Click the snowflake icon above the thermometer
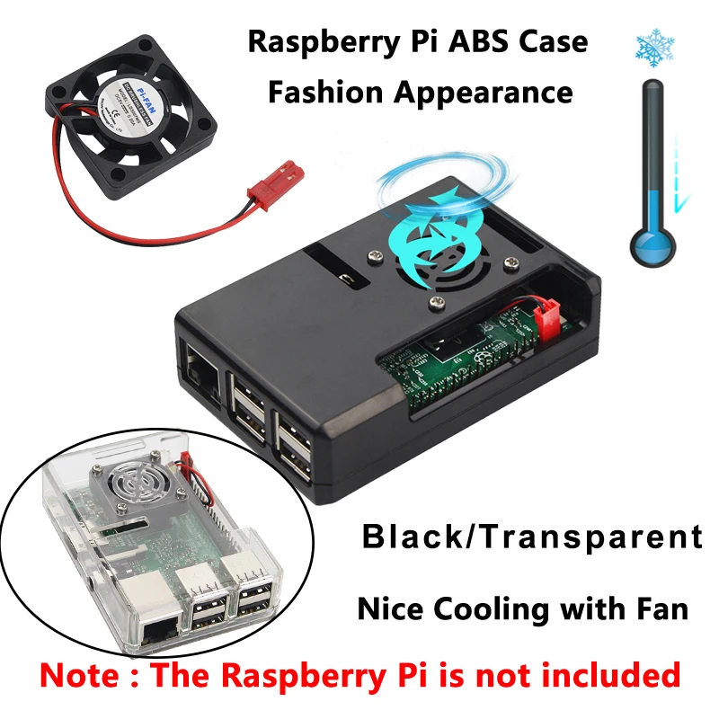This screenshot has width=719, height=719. [656, 50]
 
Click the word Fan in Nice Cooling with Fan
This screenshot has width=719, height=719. [661, 608]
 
